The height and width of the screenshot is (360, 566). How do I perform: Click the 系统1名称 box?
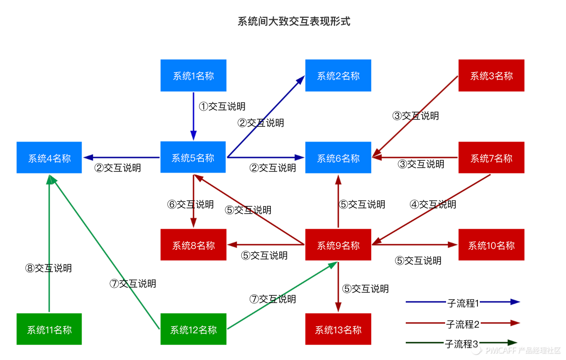(x=193, y=75)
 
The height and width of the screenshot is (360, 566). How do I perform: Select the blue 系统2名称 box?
(x=338, y=75)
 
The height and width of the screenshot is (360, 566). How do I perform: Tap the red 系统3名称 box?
(x=491, y=75)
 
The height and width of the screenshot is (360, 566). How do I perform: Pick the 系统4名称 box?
(x=49, y=158)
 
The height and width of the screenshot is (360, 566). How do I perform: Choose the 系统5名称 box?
(x=193, y=157)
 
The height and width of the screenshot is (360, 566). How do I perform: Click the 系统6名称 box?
(x=338, y=158)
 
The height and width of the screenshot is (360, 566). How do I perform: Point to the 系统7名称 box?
(x=491, y=158)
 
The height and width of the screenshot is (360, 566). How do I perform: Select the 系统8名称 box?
(x=193, y=245)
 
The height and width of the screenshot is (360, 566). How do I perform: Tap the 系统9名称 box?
(x=338, y=245)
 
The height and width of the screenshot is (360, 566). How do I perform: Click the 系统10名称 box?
(x=491, y=245)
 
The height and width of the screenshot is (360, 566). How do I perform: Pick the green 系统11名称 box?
(x=49, y=329)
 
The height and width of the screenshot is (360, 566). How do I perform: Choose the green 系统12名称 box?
(x=193, y=329)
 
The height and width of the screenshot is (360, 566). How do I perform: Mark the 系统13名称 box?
(x=338, y=329)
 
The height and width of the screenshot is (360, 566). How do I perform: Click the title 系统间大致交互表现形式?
(x=294, y=22)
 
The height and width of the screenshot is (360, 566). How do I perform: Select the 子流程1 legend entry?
(x=462, y=303)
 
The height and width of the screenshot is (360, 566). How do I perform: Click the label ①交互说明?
(x=222, y=106)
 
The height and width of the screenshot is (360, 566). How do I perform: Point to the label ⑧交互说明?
(x=48, y=268)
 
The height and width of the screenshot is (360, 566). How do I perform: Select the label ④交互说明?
(x=433, y=204)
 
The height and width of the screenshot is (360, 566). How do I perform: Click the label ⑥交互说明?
(x=190, y=204)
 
